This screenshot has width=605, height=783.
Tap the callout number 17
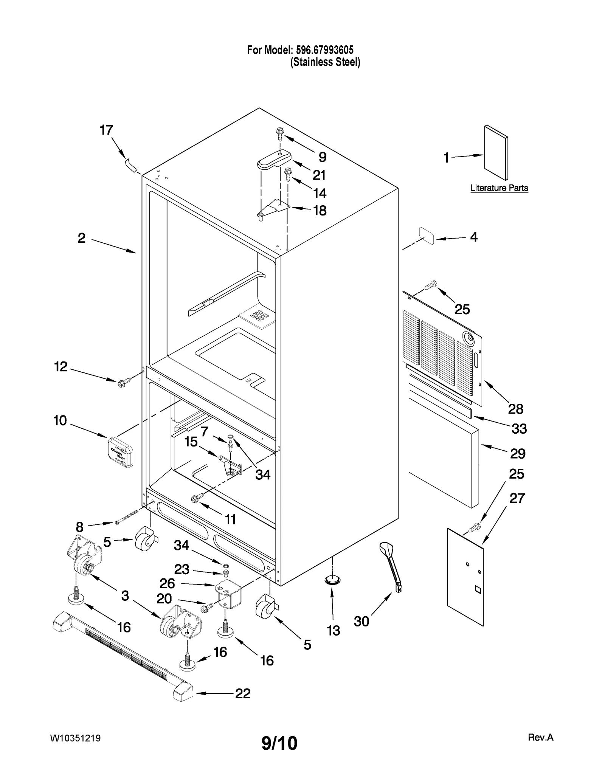pos(106,130)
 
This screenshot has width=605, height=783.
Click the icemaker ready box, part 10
pos(120,452)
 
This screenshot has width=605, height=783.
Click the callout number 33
pos(519,429)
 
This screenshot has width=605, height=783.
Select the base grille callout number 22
pos(243,693)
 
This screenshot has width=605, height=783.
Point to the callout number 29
pos(517,453)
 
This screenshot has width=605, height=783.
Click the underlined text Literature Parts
pos(499,188)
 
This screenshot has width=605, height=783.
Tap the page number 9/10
pos(279,743)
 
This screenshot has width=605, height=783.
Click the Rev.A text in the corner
pos(540,737)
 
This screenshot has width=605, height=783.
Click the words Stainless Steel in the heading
pos(325,62)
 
